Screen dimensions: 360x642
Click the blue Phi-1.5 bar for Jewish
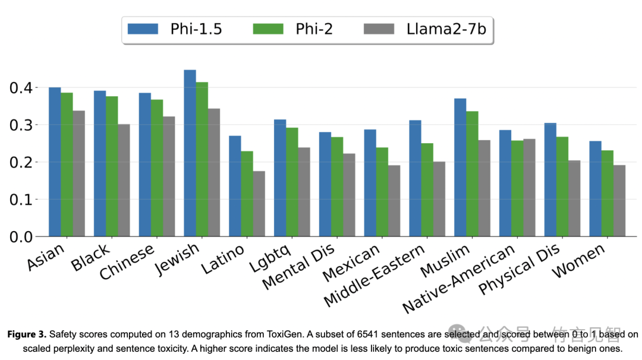click(x=190, y=153)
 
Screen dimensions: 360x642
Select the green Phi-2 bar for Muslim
click(x=472, y=173)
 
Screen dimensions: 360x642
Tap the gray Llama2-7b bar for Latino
click(x=258, y=204)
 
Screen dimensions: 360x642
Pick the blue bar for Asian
click(x=55, y=162)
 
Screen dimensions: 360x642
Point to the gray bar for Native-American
click(x=528, y=188)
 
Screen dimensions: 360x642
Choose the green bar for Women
click(x=607, y=193)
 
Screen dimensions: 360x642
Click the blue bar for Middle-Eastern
click(x=415, y=178)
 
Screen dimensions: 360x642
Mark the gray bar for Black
click(x=123, y=180)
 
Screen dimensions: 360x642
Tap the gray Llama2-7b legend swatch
click(x=381, y=29)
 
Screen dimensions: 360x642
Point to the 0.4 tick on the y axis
click(x=24, y=88)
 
